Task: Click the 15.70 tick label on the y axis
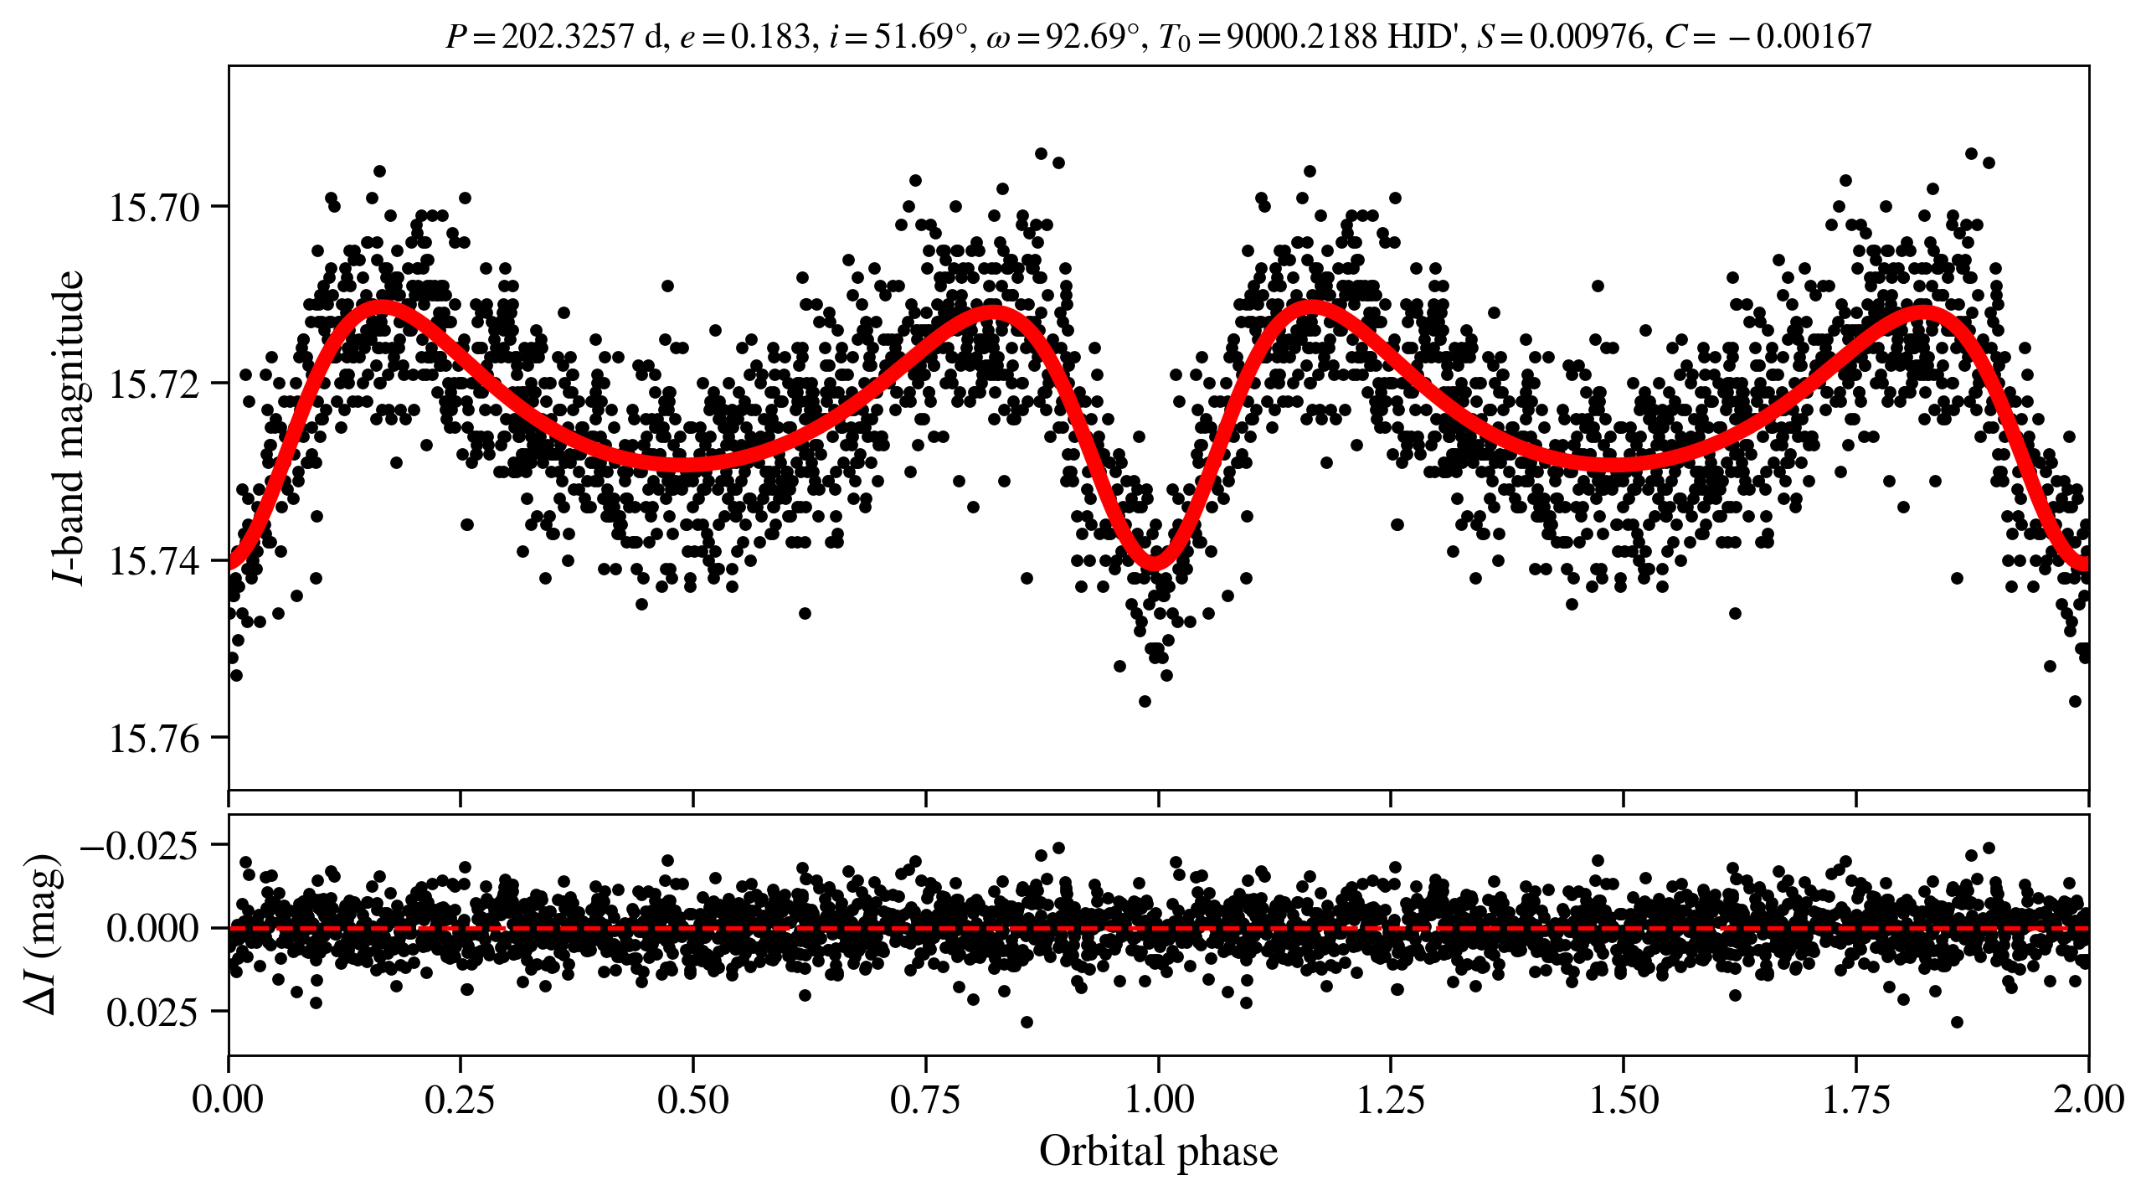[155, 208]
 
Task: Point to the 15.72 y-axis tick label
[155, 384]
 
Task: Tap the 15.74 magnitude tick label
[155, 562]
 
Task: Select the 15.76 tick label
[155, 739]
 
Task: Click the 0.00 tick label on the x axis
[228, 1099]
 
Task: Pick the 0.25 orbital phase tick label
[460, 1099]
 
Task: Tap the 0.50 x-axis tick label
[692, 1099]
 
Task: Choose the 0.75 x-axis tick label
[925, 1099]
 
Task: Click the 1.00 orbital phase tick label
[1158, 1099]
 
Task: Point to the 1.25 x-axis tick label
[1390, 1099]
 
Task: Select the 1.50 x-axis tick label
[1624, 1099]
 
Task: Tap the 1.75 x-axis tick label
[1856, 1099]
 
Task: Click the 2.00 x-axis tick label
[2088, 1099]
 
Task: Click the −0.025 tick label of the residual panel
[140, 846]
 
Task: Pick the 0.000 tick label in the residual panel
[152, 929]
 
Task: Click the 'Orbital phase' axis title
[1158, 1152]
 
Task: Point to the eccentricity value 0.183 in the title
[770, 37]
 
